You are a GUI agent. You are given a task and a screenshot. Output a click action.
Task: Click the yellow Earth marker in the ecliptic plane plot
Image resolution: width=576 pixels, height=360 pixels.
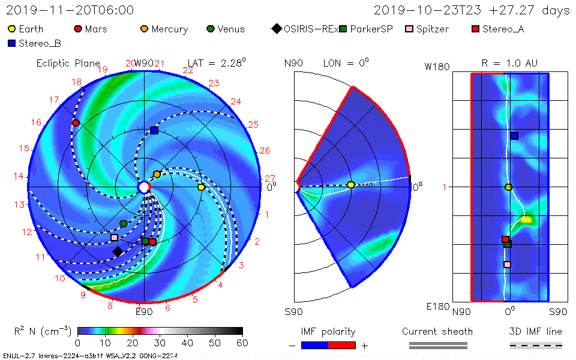point(201,187)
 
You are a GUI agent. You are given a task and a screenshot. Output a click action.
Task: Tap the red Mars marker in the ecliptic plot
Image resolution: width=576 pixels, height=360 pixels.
point(76,123)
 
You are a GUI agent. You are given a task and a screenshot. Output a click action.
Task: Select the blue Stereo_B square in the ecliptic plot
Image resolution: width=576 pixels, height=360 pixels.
point(154,130)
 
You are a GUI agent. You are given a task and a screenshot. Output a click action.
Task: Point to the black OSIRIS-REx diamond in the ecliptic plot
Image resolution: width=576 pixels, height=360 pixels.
point(118,251)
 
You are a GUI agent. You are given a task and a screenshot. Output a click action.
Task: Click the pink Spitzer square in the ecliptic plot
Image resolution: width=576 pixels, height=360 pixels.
point(115,238)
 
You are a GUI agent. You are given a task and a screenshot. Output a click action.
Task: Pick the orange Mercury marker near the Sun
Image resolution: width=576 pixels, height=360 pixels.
point(157,174)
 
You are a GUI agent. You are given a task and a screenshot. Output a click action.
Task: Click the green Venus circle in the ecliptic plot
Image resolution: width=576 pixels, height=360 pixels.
point(124,223)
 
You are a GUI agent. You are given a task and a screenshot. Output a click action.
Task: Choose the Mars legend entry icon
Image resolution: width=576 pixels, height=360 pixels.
point(77,29)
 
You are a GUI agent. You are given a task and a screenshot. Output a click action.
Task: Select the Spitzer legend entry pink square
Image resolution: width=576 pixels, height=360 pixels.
point(409,29)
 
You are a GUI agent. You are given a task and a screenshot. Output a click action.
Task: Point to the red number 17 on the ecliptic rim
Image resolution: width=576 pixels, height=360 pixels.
point(54,100)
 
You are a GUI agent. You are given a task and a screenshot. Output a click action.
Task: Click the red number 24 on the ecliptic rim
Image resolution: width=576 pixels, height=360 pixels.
point(236,101)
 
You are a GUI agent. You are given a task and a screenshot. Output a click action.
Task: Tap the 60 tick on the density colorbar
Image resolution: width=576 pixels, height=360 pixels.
point(242,343)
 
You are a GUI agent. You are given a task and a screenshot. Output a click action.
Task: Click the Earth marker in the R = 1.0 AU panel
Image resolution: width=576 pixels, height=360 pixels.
point(508,187)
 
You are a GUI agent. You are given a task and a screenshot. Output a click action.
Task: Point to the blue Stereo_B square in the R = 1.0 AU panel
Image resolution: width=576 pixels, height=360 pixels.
point(514,136)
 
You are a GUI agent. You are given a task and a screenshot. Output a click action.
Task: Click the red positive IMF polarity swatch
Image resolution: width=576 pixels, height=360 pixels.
point(342,345)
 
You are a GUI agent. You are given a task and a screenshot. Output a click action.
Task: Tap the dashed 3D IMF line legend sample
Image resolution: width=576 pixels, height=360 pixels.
point(536,345)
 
